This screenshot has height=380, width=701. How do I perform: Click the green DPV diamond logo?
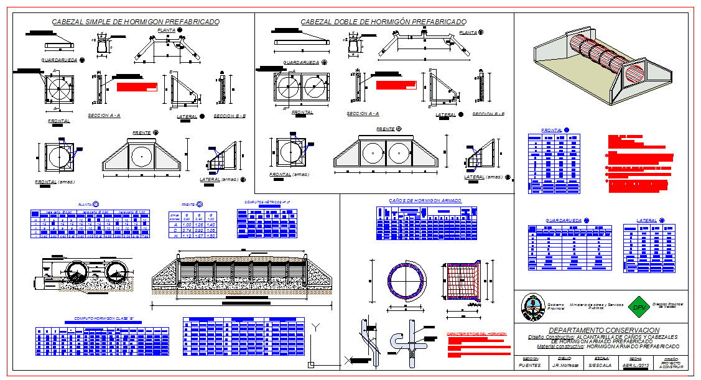pyautogui.click(x=636, y=307)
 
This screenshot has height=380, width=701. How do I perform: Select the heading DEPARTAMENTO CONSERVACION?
pyautogui.click(x=601, y=330)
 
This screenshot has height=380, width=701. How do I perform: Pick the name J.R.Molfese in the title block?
pyautogui.click(x=565, y=366)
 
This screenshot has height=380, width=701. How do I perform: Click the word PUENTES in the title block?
pyautogui.click(x=530, y=366)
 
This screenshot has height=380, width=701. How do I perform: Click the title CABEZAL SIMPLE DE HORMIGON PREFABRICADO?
pyautogui.click(x=135, y=22)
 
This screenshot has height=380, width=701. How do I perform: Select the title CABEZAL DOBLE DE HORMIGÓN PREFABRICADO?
pyautogui.click(x=383, y=22)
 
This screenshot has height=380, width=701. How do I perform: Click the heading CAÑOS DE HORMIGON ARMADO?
pyautogui.click(x=425, y=201)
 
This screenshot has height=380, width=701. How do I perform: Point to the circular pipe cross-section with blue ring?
pyautogui.click(x=404, y=279)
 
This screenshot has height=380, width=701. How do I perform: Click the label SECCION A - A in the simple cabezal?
pyautogui.click(x=104, y=116)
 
